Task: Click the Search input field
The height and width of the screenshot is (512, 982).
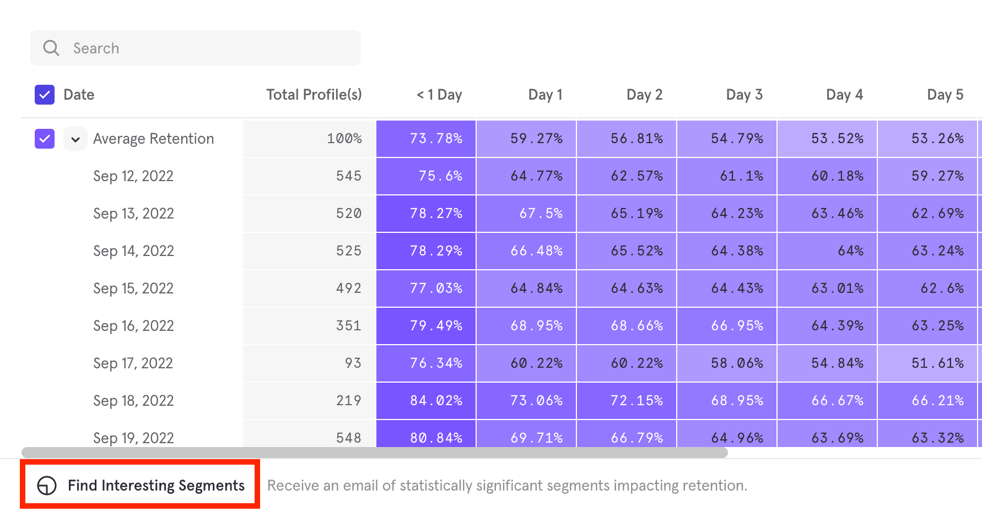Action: pos(209,48)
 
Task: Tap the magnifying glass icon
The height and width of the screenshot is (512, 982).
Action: pos(51,48)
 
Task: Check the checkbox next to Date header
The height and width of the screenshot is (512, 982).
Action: pos(45,95)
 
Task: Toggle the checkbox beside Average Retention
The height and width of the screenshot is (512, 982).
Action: pos(45,139)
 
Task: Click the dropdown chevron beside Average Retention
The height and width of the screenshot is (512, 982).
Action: pos(75,139)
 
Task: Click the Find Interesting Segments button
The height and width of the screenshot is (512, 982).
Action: pos(141,486)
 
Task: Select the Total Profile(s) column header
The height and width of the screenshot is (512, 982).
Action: pos(314,95)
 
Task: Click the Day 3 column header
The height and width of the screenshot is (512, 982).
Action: pos(744,95)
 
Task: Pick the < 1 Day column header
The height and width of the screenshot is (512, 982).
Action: pos(439,95)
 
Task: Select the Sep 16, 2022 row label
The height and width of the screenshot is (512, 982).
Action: pos(133,326)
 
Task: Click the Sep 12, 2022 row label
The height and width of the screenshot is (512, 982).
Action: pos(133,176)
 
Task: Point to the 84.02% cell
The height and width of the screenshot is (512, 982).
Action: pos(436,401)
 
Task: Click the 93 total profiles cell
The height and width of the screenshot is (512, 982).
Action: pos(353,363)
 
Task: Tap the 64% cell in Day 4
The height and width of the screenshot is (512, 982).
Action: pos(850,251)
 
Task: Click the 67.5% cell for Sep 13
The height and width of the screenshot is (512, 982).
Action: pos(541,214)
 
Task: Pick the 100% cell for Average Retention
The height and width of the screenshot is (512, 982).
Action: pos(344,139)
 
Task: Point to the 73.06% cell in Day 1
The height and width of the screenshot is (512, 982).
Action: pos(536,401)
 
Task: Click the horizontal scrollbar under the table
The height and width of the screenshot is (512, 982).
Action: pos(375,453)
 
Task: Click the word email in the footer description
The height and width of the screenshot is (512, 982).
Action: pos(361,486)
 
